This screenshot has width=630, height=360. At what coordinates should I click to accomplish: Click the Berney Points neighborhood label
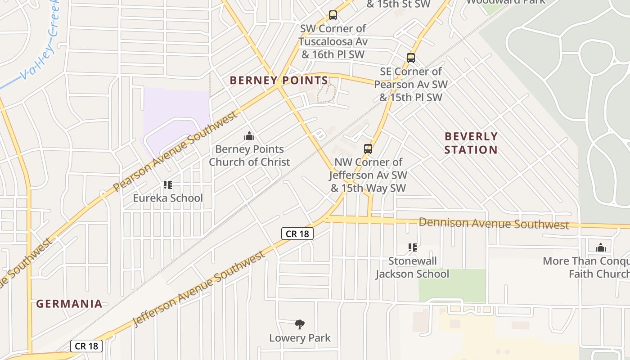[279, 81]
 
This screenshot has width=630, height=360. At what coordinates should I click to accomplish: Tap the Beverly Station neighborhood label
[471, 143]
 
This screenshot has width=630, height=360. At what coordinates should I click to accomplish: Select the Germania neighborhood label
[69, 304]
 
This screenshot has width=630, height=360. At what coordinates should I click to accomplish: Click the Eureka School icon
[168, 184]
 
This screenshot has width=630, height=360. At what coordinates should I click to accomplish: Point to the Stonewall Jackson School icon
[412, 247]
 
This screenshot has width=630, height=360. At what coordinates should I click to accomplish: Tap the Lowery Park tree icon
[300, 324]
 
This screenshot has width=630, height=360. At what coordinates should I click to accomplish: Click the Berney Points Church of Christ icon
[249, 136]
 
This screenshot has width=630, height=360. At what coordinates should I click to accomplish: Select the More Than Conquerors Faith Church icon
[600, 247]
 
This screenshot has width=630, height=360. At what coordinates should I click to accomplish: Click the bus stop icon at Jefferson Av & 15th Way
[368, 148]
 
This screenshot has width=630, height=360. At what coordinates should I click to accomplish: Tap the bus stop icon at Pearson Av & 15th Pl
[410, 58]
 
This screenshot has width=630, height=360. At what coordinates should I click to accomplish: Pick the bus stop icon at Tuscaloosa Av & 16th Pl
[333, 15]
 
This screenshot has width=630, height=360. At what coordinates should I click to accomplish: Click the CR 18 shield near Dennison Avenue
[297, 234]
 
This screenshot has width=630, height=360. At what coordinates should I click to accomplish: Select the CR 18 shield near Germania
[86, 346]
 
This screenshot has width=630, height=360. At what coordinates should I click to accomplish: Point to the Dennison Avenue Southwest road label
[494, 223]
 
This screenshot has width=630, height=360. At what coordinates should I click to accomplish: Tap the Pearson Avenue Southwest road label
[175, 152]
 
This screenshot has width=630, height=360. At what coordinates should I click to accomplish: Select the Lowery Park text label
[300, 338]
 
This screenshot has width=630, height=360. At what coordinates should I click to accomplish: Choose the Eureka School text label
[168, 198]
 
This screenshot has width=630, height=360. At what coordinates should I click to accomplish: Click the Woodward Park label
[505, 2]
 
